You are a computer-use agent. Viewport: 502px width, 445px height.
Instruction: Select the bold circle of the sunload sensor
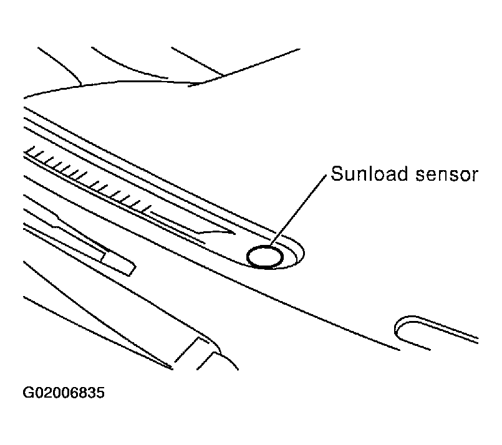(x=265, y=257)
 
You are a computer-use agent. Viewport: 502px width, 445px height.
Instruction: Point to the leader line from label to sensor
(x=298, y=211)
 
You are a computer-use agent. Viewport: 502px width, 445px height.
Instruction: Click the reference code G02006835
(x=64, y=393)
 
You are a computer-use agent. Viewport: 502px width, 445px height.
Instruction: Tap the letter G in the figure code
(x=27, y=393)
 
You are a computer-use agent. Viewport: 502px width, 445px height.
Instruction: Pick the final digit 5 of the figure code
(x=100, y=393)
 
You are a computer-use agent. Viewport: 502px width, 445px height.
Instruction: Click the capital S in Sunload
(x=337, y=174)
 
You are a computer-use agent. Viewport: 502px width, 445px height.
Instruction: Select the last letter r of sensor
(x=474, y=176)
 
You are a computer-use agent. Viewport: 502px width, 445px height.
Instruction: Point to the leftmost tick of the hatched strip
(x=30, y=151)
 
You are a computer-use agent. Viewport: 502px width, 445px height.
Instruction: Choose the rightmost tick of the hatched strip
(x=146, y=208)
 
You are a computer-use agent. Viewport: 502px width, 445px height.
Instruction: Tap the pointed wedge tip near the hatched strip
(x=234, y=233)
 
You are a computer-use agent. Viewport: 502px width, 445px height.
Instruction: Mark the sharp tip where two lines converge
(x=172, y=368)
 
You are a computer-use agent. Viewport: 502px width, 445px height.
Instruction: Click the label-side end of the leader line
(x=326, y=175)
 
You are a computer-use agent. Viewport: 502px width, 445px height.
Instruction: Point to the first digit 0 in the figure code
(x=37, y=393)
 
